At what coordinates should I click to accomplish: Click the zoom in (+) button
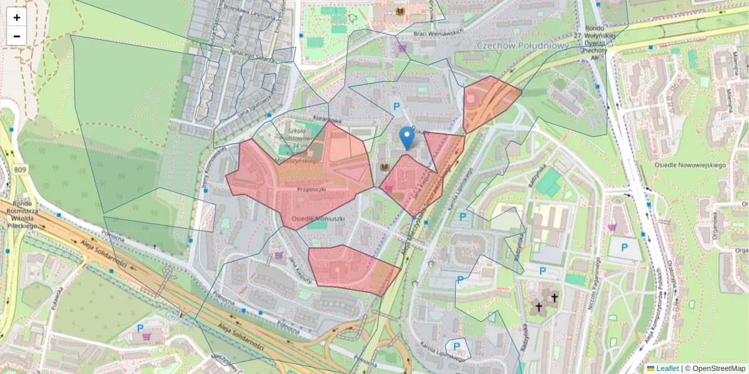coord(17,17)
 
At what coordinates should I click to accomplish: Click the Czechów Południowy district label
coord(522,46)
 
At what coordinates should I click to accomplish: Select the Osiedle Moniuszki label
coord(318,219)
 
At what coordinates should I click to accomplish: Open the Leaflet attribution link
coord(667,368)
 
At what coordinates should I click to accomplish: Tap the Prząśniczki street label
coord(313,188)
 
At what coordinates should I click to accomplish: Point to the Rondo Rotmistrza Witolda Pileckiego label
coord(23,214)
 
